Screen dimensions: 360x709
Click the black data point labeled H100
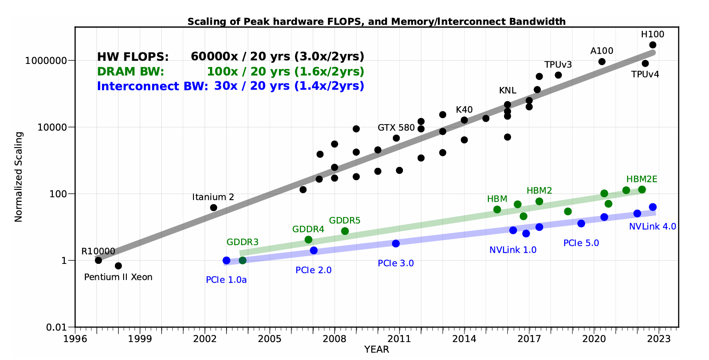point(652,45)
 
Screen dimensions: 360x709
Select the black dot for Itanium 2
point(213,207)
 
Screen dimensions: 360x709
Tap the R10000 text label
point(98,251)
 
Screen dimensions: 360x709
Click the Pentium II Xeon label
point(118,277)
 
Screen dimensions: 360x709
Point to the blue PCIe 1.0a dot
point(226,260)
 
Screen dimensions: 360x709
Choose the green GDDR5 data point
point(345,231)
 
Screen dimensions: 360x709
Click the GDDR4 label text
point(308,229)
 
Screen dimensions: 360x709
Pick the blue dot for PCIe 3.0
point(396,243)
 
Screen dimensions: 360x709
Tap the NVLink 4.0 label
point(652,226)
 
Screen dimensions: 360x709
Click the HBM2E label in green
point(641,179)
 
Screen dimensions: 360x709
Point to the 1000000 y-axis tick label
point(51,61)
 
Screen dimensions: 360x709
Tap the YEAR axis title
point(376,350)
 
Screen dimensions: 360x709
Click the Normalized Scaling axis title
point(18,177)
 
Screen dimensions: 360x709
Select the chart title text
point(376,21)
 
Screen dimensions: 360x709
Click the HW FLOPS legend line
point(230,57)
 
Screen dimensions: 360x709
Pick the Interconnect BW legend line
point(230,86)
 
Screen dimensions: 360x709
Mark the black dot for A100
point(602,62)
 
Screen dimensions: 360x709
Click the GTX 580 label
point(396,127)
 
